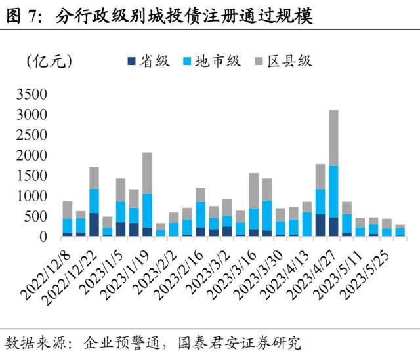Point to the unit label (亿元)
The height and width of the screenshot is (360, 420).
pos(49,61)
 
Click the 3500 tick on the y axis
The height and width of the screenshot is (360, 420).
pos(32,94)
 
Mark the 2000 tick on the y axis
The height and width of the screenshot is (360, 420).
pos(32,155)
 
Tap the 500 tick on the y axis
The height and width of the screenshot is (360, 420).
pos(37,217)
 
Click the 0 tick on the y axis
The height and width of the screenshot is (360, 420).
pos(43,237)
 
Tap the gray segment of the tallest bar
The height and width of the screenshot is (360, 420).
pos(333,138)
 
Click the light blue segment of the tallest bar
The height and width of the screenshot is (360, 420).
pos(333,191)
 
